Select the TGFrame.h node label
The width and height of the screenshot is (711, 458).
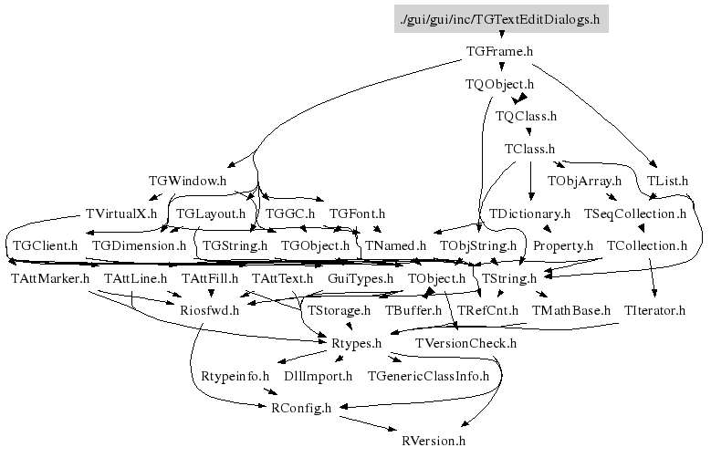pyautogui.click(x=499, y=51)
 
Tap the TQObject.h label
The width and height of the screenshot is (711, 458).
pyautogui.click(x=499, y=84)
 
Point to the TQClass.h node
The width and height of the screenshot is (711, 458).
pyautogui.click(x=526, y=116)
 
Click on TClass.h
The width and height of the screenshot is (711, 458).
pyautogui.click(x=530, y=148)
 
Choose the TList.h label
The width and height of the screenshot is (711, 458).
pyautogui.click(x=668, y=181)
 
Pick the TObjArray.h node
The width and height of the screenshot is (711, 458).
pyautogui.click(x=584, y=181)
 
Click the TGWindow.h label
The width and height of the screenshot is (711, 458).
pyautogui.click(x=187, y=181)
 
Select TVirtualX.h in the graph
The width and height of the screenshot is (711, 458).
pyautogui.click(x=120, y=213)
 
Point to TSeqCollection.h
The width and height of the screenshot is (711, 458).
pyautogui.click(x=634, y=213)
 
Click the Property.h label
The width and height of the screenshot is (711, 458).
pyautogui.click(x=563, y=245)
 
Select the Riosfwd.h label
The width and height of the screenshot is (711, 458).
pyautogui.click(x=209, y=310)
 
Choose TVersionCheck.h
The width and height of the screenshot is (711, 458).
pyautogui.click(x=465, y=343)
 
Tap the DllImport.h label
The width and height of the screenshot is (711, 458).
pyautogui.click(x=318, y=375)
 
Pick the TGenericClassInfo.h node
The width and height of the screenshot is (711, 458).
pyautogui.click(x=428, y=375)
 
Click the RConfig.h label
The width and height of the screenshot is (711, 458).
pyautogui.click(x=301, y=408)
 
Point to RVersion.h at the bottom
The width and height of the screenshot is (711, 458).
pyautogui.click(x=434, y=441)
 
